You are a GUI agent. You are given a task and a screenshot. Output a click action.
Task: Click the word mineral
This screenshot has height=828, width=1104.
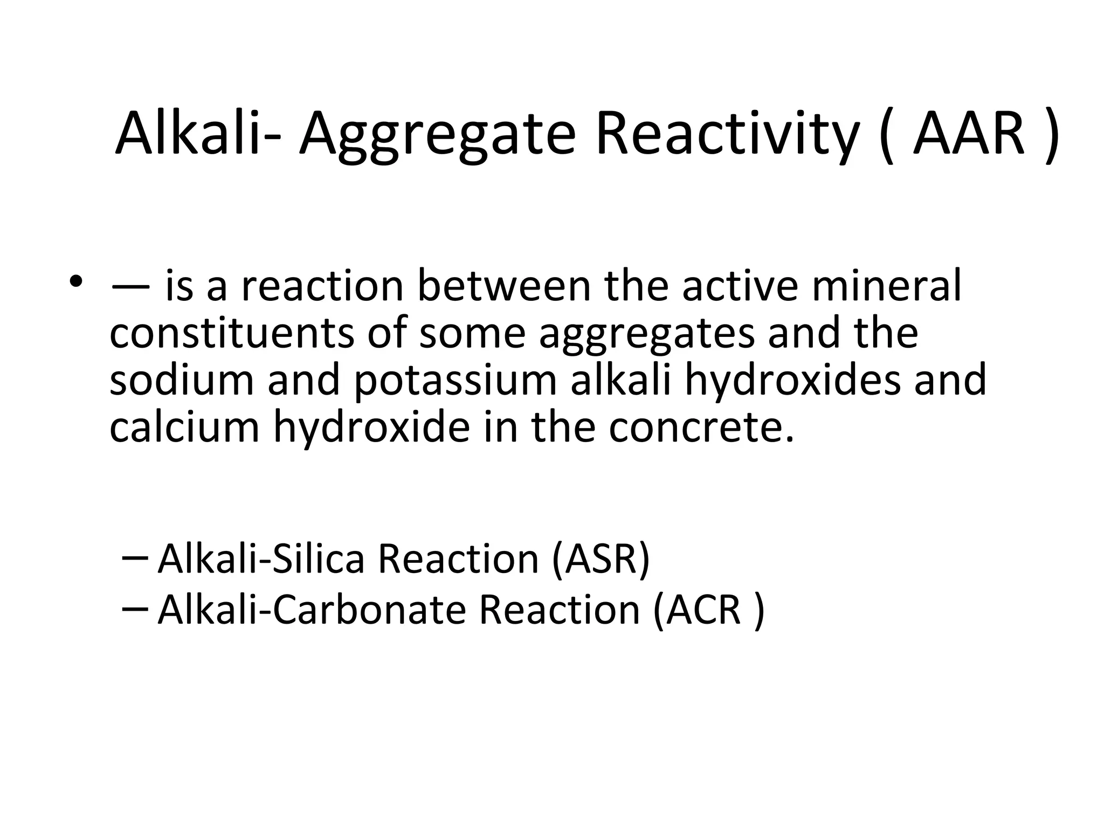click(887, 286)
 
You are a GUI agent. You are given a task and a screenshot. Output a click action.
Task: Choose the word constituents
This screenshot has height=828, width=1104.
click(232, 333)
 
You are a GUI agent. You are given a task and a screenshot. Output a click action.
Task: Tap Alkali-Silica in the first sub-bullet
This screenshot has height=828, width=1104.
click(262, 559)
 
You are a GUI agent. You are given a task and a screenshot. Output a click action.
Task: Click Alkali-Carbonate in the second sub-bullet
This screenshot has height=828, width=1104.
click(312, 610)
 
